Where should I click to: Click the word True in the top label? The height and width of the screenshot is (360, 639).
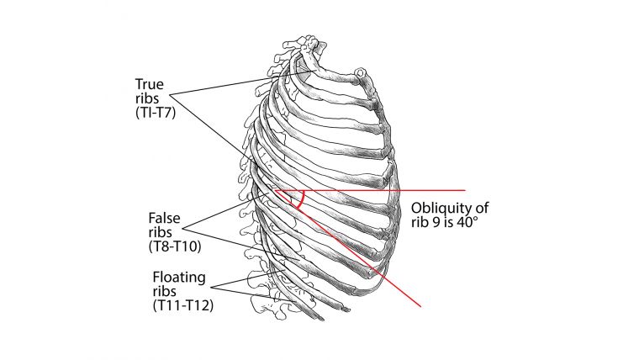coord(149,84)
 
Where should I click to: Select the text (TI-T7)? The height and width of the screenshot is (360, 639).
coord(156,112)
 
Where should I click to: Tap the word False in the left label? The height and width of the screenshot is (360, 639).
coord(164,218)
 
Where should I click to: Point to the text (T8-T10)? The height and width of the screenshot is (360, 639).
coord(175,246)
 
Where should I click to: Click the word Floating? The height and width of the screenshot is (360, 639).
coord(179,278)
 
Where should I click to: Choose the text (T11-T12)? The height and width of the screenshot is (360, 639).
coord(183,305)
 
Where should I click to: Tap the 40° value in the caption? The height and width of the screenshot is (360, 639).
coord(466,223)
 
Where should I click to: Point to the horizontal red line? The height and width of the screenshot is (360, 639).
coord(370,190)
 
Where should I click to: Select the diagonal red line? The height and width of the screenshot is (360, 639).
coord(347,248)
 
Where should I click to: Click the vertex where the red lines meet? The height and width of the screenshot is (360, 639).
coord(275,190)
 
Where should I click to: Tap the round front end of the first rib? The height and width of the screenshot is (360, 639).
coord(360,72)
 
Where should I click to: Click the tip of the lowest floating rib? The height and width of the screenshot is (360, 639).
coord(322,320)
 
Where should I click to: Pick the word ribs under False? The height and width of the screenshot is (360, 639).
coord(160,232)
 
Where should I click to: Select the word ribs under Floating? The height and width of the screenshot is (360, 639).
coord(165,291)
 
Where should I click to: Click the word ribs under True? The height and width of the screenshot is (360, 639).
coord(147,98)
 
